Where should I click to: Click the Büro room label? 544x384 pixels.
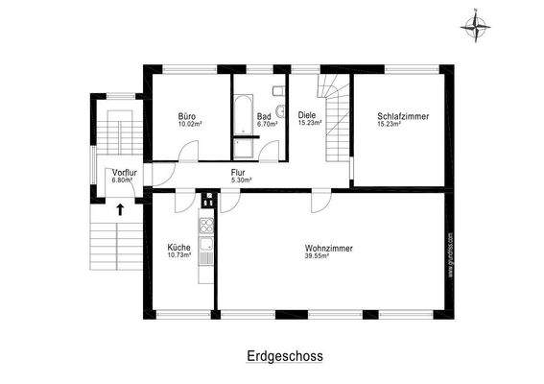coord(187,116)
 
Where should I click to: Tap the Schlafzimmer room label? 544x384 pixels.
coord(402,116)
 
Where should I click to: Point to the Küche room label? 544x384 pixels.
coord(179,248)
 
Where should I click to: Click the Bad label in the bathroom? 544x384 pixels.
coord(265,116)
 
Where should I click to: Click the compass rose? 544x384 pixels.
coord(473,27)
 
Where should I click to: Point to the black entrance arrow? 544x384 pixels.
coord(121,208)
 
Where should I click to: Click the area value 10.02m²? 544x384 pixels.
coord(187,124)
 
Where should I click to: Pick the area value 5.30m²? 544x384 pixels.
coord(241,180)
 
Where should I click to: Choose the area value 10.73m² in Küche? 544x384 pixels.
coord(179,256)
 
